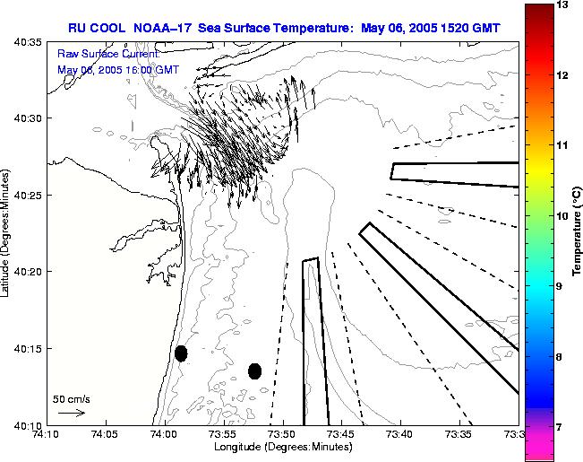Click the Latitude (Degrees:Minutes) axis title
(x=7, y=232)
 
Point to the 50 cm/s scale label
(x=73, y=398)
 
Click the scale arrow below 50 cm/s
(x=71, y=414)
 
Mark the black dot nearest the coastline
(x=181, y=353)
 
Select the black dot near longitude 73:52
(x=255, y=370)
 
